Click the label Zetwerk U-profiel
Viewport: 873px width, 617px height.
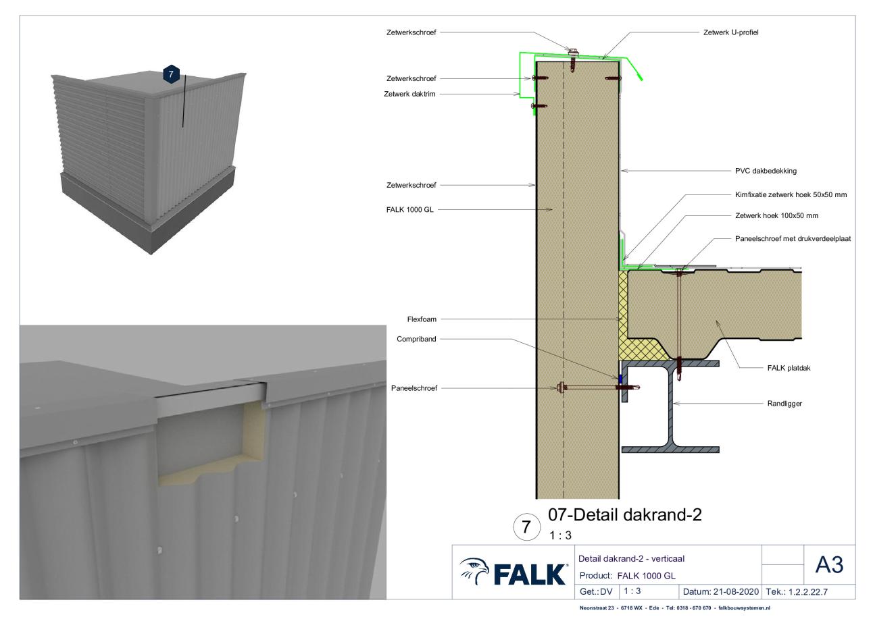(x=730, y=32)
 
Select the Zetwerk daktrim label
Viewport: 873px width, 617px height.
(x=409, y=94)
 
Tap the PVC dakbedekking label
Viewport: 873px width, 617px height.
(x=766, y=171)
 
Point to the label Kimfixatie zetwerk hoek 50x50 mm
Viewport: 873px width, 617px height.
(x=791, y=194)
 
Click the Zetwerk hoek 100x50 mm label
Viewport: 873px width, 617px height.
(x=777, y=215)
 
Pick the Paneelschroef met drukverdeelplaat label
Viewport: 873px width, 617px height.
(x=793, y=238)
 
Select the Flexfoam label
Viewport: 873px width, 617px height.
(x=422, y=319)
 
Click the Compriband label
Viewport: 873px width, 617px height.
(x=416, y=339)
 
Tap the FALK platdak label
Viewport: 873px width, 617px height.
(x=789, y=368)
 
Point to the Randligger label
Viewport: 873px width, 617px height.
(x=784, y=404)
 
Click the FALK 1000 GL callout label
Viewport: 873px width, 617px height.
(x=409, y=210)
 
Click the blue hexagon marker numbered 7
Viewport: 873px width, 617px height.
(x=171, y=74)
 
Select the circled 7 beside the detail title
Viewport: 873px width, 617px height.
(x=526, y=527)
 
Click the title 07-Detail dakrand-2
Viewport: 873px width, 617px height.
(x=625, y=514)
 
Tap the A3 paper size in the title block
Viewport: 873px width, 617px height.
(x=829, y=564)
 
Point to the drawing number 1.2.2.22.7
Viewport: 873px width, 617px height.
(x=808, y=592)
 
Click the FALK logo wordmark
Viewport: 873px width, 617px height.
(x=530, y=574)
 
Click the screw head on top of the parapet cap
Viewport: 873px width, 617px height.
(x=573, y=51)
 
